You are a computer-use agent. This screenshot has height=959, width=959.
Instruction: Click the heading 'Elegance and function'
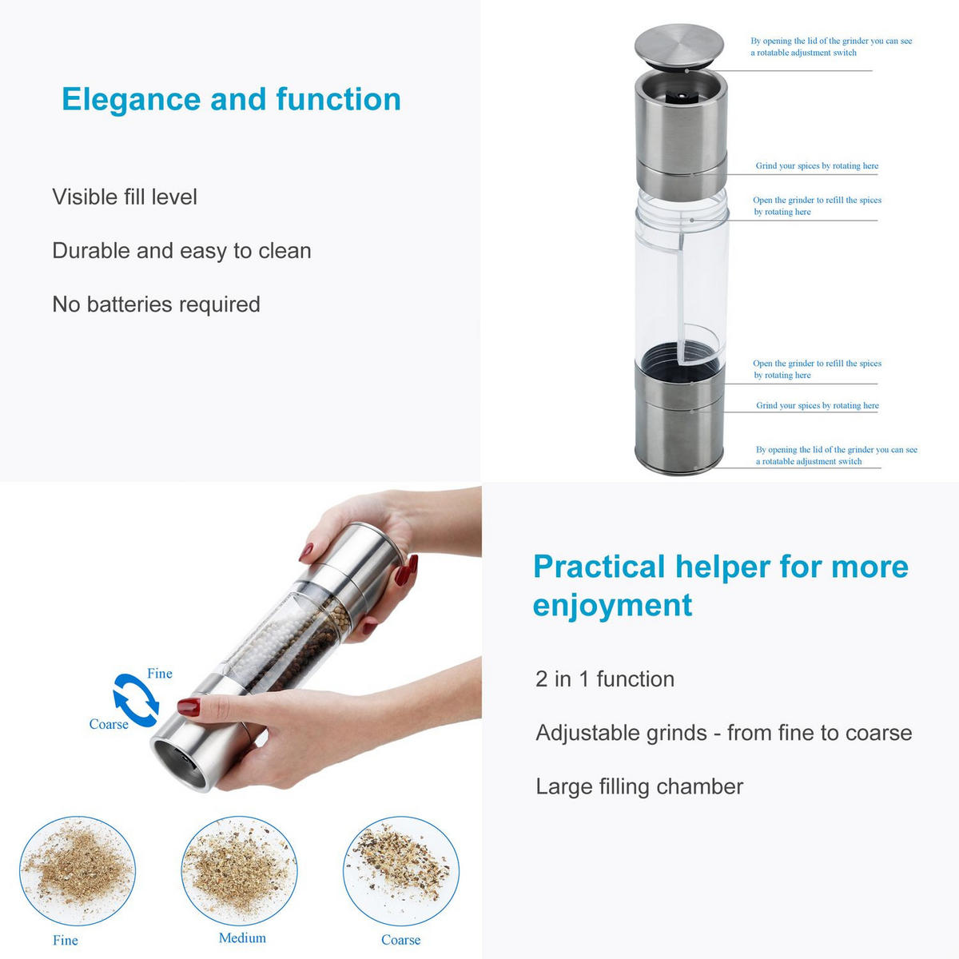231,100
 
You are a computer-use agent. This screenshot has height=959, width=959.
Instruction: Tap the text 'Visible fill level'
125,197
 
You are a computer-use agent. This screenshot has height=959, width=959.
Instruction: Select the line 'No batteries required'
156,304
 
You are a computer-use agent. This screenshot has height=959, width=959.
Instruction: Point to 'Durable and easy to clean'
181,251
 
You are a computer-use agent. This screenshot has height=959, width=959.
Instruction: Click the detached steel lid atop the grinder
678,43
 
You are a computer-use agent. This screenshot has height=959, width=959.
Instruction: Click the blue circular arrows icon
136,700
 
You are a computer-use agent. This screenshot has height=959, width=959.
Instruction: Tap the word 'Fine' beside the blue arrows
160,674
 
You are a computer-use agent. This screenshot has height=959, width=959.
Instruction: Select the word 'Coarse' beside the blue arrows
109,724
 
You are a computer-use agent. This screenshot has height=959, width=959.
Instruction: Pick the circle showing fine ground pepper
78,871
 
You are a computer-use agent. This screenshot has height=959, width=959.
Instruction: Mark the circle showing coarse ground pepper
401,871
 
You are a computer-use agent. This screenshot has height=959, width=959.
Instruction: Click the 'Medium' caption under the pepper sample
242,938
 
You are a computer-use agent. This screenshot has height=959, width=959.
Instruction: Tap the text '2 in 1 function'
605,679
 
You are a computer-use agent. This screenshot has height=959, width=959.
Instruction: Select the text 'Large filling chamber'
639,786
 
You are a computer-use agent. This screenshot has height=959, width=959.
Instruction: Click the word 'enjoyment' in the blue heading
612,605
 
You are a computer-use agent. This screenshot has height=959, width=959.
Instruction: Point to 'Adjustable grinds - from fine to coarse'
723,733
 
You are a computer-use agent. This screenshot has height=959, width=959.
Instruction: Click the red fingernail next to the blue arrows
189,706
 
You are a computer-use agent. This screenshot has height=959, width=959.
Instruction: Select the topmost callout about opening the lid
831,46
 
